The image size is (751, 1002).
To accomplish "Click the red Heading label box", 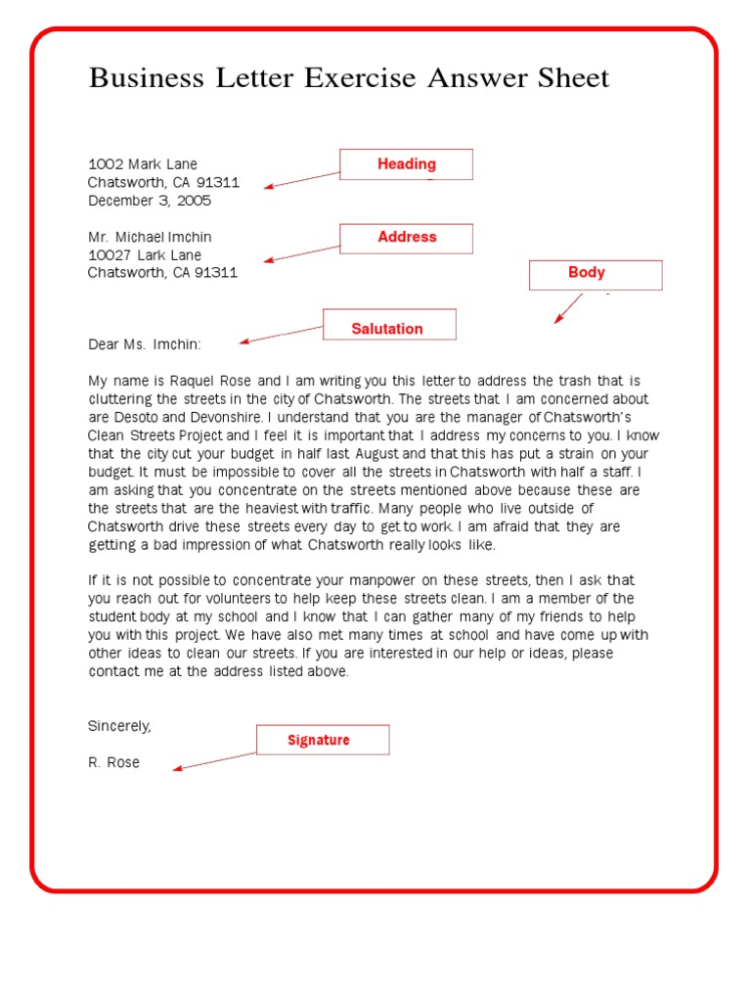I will tap(406, 164).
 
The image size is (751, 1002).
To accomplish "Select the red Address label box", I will tap(406, 238).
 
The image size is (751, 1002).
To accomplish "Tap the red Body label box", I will tap(596, 274).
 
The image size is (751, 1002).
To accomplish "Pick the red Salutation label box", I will tap(389, 325).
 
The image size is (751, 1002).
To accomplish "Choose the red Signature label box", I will tap(323, 740).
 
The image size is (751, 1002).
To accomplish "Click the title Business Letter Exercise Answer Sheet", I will tap(349, 78).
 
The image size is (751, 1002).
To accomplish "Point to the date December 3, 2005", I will tap(149, 201).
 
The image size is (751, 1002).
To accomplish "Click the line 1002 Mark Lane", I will tap(142, 164).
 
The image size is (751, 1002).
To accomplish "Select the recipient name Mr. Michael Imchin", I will tap(149, 237).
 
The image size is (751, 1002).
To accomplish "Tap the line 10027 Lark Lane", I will tap(145, 255).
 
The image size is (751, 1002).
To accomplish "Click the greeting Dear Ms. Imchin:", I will tap(144, 344).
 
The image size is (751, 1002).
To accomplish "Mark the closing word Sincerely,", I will tap(119, 726).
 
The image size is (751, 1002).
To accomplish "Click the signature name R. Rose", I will tap(113, 762).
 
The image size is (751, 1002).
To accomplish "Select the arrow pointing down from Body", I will tap(569, 307).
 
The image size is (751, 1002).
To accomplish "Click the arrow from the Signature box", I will tap(214, 761).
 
